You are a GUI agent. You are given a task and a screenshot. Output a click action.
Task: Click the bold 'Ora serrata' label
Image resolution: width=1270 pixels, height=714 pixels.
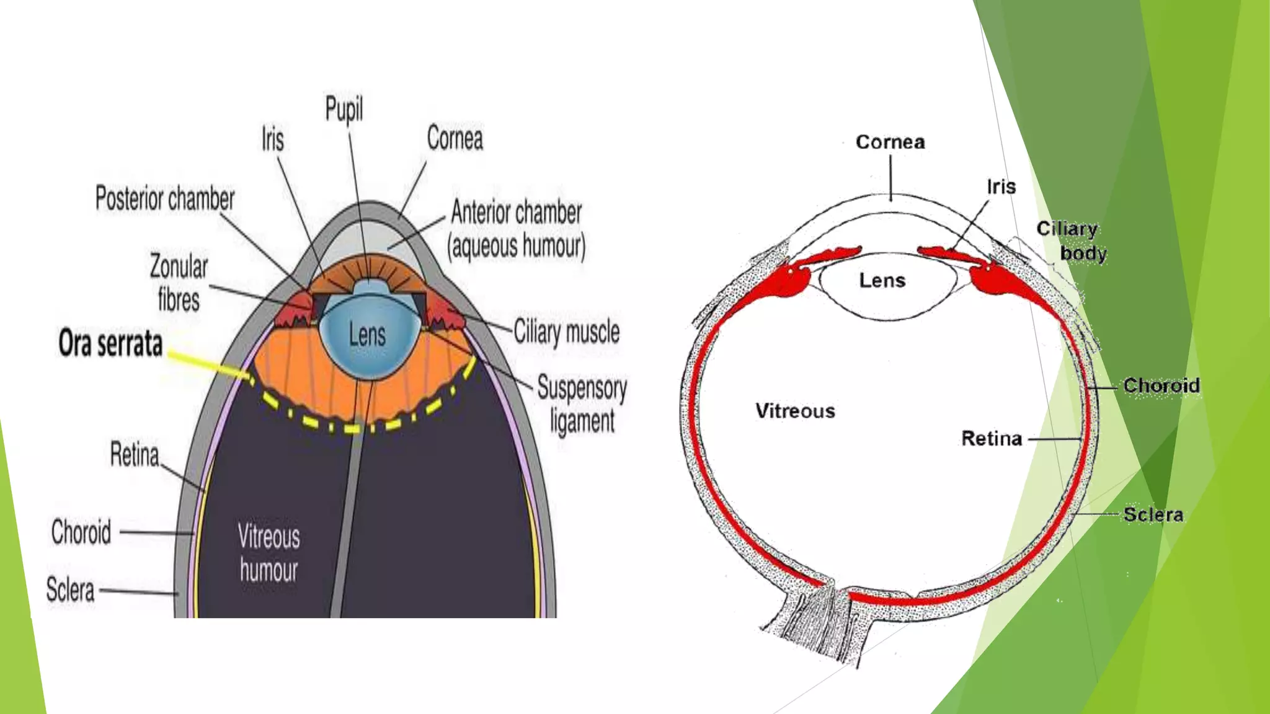point(110,343)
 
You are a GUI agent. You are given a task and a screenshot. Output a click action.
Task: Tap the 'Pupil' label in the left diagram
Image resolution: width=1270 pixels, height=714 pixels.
point(344,110)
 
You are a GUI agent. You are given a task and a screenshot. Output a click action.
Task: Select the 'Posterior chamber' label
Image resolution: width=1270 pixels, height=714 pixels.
point(165,198)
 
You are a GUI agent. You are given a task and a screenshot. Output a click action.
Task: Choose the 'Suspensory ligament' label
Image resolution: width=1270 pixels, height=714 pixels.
point(582,404)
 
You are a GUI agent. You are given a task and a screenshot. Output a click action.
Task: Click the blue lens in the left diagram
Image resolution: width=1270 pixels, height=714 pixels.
point(367,338)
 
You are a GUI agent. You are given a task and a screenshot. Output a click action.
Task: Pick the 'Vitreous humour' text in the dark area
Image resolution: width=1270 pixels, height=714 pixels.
point(269,553)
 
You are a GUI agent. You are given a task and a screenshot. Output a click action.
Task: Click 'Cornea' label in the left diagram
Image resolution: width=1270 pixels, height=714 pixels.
point(455,138)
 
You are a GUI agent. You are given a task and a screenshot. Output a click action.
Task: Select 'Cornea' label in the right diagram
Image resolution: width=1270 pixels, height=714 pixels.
point(890,142)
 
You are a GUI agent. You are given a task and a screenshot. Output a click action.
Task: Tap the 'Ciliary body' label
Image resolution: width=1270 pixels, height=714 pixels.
point(1072,240)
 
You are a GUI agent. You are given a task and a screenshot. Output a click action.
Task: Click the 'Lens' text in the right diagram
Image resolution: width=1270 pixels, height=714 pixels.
point(882,281)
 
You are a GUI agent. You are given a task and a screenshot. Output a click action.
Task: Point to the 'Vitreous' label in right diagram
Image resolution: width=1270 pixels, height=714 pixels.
point(795,411)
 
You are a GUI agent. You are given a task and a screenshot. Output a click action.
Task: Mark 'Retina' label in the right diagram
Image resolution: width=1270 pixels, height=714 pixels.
point(992,439)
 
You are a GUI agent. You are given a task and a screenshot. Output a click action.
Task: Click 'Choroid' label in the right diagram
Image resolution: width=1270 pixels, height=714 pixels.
point(1161,386)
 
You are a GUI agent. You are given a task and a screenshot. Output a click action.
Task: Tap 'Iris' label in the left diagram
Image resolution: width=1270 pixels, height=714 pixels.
point(273,139)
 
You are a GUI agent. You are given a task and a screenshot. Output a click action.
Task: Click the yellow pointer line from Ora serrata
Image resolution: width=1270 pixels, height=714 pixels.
point(208,365)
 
